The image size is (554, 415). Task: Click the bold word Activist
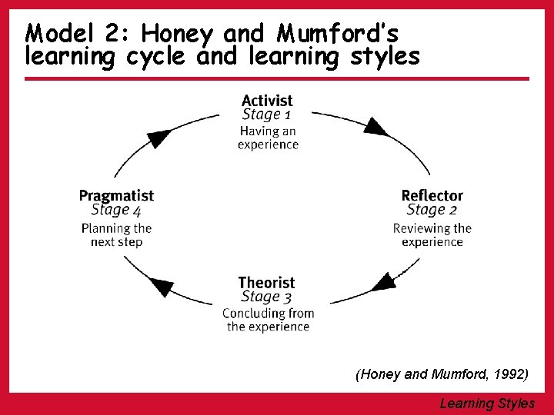pos(267,101)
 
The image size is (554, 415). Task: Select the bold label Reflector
pos(432,195)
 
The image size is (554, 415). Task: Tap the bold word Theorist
pos(266,283)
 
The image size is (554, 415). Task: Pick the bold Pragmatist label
pos(116,196)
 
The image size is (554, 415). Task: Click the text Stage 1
pos(266,115)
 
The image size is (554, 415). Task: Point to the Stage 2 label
pos(432,210)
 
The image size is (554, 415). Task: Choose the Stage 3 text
pos(266,297)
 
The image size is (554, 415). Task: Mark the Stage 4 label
pos(116,211)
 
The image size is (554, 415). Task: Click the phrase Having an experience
pos(268,138)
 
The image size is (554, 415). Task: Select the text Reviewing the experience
pos(432,235)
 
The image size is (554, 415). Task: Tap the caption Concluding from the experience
pos(268,320)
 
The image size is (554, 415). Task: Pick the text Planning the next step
pos(116,235)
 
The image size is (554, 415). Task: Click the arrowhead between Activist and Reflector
pos(375,126)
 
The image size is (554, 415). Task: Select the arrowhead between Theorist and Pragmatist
pos(161,287)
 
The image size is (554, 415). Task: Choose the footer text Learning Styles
pos(487,403)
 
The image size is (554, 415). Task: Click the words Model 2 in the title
pos(73,33)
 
